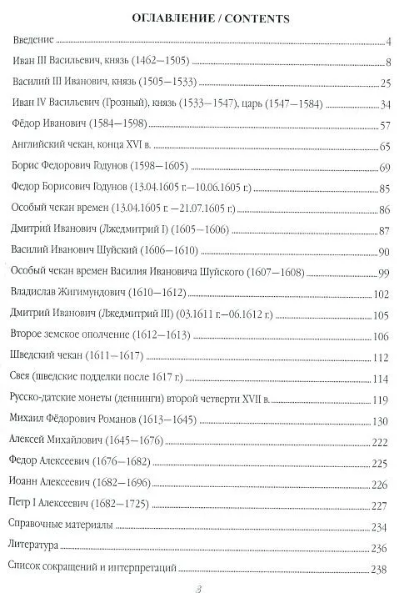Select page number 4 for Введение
pyautogui.click(x=388, y=41)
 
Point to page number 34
pyautogui.click(x=385, y=104)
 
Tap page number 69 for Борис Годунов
pyautogui.click(x=385, y=168)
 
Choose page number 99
pyautogui.click(x=385, y=273)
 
